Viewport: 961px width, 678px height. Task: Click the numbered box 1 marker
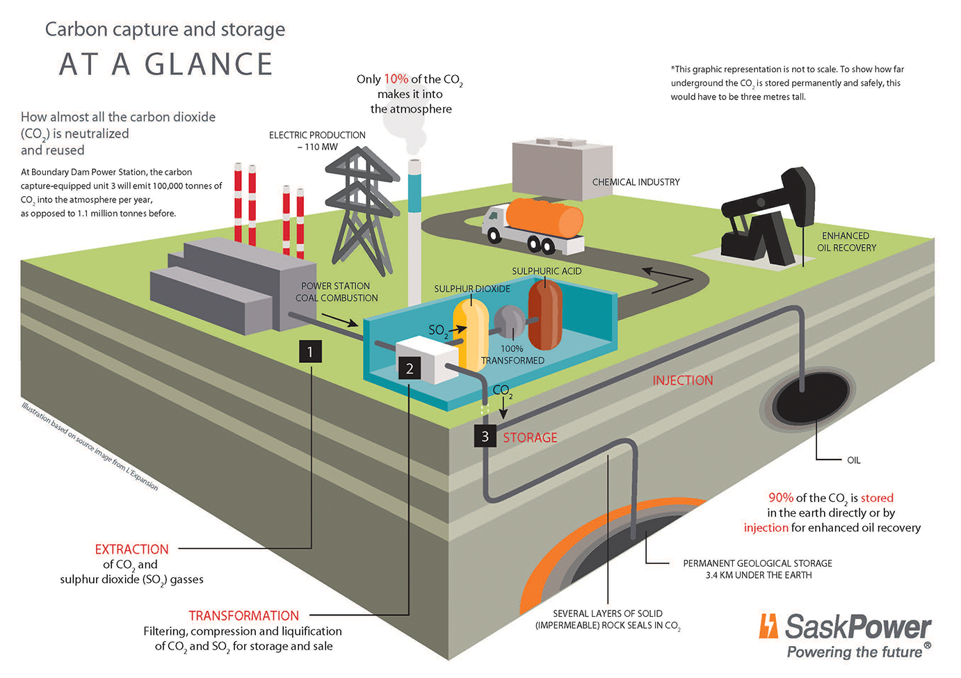(310, 351)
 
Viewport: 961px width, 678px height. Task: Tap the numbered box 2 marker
(410, 369)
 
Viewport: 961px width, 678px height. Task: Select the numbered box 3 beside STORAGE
(485, 436)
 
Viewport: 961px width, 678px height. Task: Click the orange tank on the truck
(544, 218)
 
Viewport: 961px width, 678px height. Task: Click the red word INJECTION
(682, 380)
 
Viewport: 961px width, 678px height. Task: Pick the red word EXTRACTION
(131, 549)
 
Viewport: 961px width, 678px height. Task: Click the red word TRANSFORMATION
(243, 615)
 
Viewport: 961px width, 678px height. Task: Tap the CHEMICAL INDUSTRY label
(636, 182)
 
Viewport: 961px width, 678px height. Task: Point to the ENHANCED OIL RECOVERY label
(846, 242)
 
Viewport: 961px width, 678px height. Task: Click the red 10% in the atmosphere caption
(396, 79)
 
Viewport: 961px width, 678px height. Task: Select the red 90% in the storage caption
(780, 498)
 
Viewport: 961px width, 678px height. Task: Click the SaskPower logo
(845, 635)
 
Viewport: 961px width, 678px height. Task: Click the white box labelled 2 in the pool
(426, 360)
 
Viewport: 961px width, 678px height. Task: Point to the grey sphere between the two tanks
(509, 322)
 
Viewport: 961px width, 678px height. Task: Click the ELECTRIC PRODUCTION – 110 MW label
(317, 140)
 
